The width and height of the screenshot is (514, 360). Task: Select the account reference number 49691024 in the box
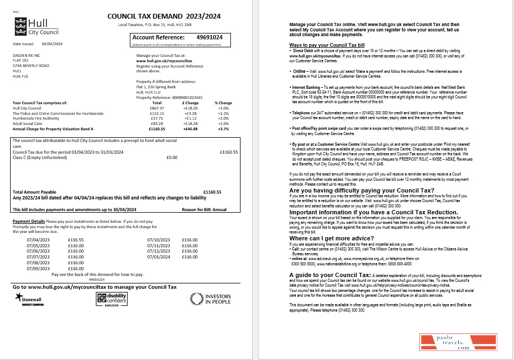click(x=210, y=38)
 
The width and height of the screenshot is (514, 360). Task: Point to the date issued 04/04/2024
click(x=52, y=44)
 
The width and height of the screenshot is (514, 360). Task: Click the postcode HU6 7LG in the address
click(x=20, y=75)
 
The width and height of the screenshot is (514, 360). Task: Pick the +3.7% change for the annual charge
click(x=223, y=129)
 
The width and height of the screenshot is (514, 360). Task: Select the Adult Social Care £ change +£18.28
click(x=190, y=123)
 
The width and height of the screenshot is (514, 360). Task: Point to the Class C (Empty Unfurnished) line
click(x=38, y=157)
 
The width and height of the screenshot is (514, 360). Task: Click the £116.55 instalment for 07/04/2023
click(x=76, y=240)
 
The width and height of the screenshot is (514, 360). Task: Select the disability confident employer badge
click(x=111, y=299)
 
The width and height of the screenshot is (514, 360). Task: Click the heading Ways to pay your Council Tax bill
click(x=327, y=45)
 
